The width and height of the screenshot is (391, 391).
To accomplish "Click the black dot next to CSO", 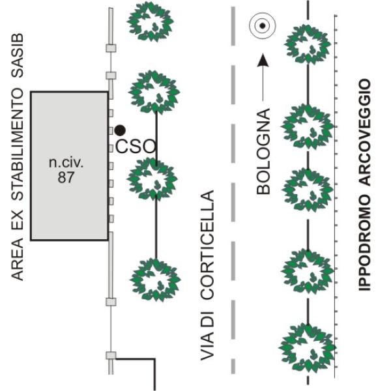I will pyautogui.click(x=119, y=130).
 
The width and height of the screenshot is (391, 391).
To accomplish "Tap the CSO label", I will pyautogui.click(x=136, y=147).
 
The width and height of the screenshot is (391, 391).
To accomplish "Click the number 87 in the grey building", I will pyautogui.click(x=66, y=177).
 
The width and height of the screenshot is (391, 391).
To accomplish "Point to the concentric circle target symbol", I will pyautogui.click(x=262, y=26).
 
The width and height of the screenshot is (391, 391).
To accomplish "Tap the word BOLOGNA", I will pyautogui.click(x=263, y=152).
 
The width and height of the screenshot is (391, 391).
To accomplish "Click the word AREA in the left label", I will pyautogui.click(x=18, y=260).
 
